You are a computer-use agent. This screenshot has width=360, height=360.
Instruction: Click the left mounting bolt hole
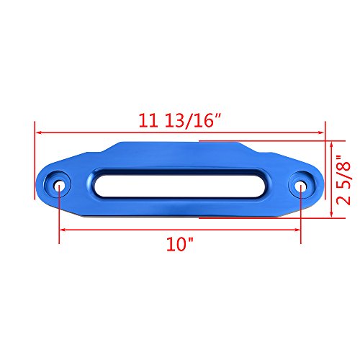click(x=59, y=186)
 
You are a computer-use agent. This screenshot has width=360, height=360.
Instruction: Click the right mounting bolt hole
click(x=301, y=187)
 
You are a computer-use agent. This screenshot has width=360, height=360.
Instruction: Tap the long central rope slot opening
click(x=179, y=186)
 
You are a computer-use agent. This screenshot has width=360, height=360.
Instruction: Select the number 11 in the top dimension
click(x=148, y=120)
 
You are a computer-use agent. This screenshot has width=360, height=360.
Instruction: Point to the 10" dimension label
click(x=180, y=244)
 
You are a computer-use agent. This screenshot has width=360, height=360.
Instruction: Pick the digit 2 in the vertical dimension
click(x=343, y=199)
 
